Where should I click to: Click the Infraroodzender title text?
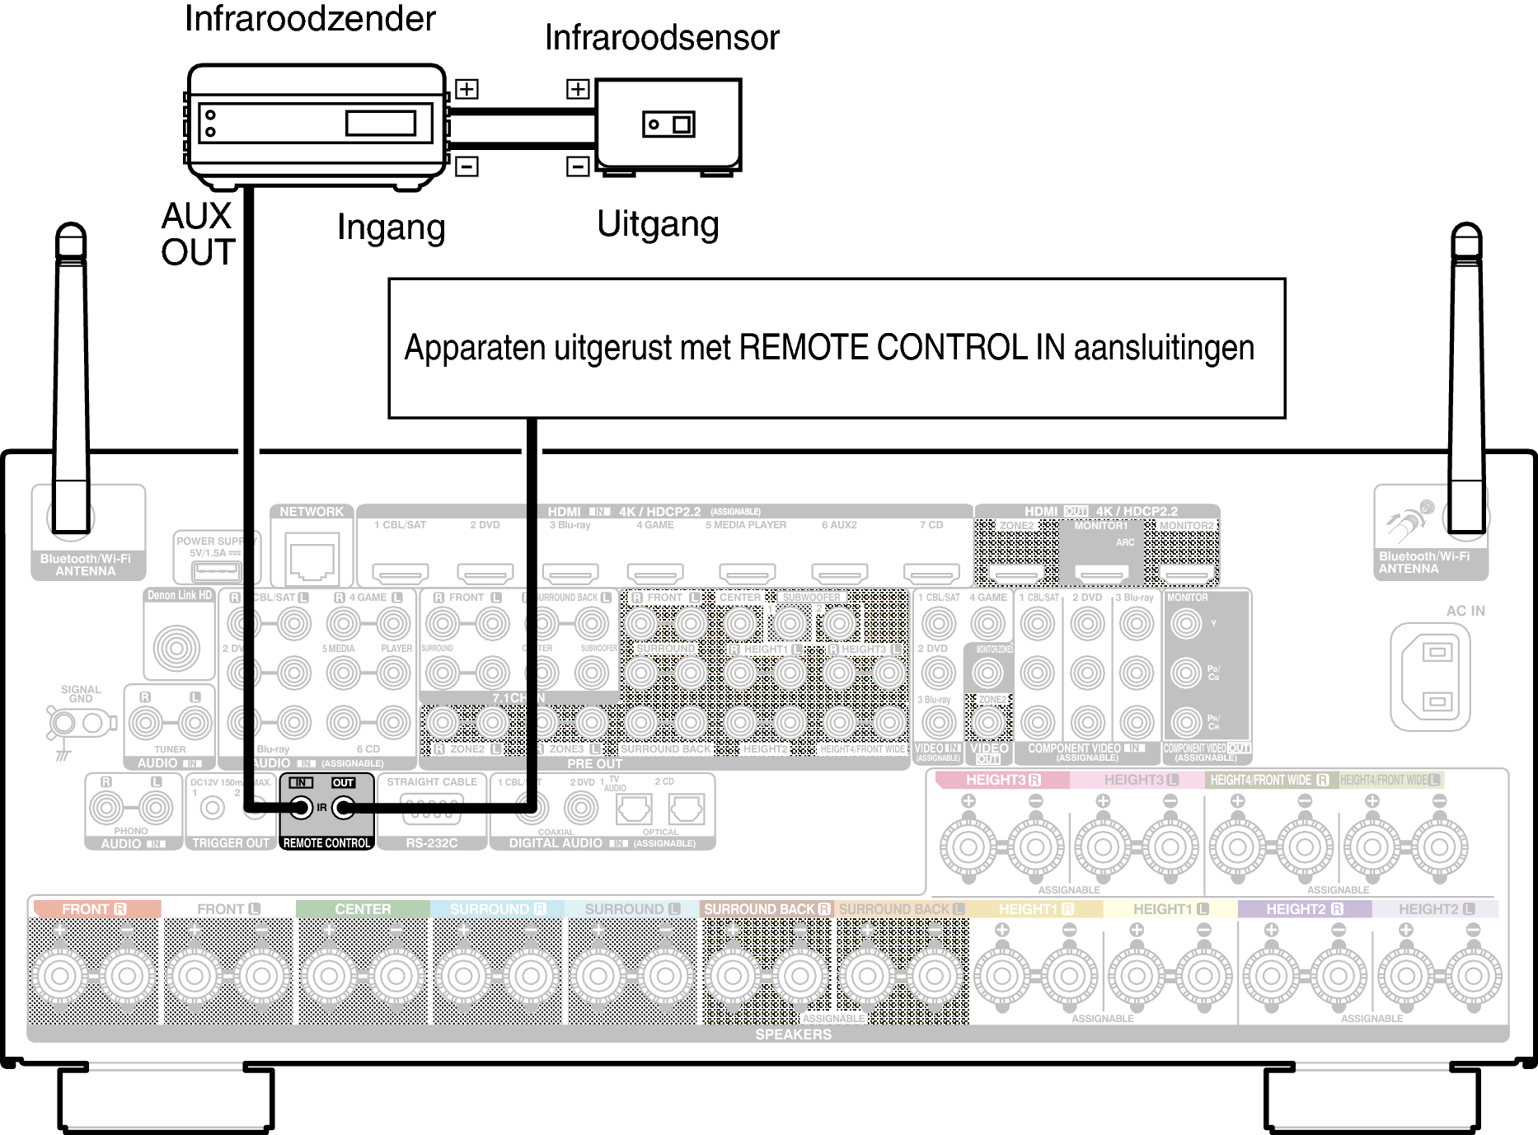[309, 19]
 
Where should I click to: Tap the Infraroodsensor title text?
[662, 38]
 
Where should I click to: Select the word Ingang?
[391, 227]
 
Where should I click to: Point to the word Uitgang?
[658, 224]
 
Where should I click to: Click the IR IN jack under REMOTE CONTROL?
[301, 808]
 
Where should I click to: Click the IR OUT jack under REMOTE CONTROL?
[343, 808]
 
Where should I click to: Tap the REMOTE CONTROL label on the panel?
[326, 843]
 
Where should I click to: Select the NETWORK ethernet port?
[312, 558]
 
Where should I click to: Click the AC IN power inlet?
[1430, 677]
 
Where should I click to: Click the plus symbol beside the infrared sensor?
[578, 89]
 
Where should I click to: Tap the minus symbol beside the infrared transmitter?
[467, 166]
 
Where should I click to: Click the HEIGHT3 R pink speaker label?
[1002, 780]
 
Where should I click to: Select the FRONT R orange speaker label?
[94, 909]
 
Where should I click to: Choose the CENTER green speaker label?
[363, 909]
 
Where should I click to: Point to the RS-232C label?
[431, 843]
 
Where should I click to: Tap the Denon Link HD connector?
[177, 647]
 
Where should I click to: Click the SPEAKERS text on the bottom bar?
[793, 1034]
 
